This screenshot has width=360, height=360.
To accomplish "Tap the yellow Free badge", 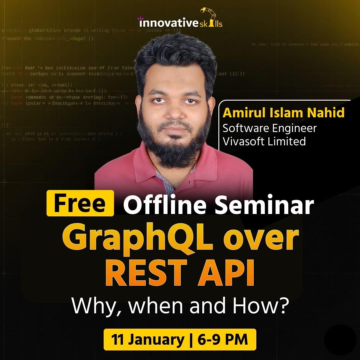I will (x=80, y=203).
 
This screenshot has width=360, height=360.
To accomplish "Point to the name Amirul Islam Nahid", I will (x=283, y=113).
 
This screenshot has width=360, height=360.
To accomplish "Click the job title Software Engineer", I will (x=269, y=128).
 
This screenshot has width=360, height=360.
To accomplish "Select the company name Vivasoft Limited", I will (x=264, y=141).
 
